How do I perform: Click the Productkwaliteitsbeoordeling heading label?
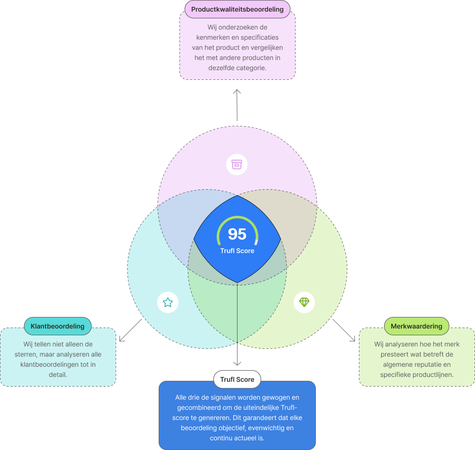237,9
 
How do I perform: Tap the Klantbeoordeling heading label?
58,326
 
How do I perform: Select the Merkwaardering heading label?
416,326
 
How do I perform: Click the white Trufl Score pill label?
237,379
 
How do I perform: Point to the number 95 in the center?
237,234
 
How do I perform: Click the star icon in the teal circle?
168,303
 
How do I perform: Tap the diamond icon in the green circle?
304,302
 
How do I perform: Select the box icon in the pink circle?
237,165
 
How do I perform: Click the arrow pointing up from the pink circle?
237,104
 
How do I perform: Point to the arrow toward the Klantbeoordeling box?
130,330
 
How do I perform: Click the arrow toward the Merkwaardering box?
344,330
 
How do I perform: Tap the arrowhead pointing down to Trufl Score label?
237,363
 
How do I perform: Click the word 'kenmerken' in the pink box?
211,37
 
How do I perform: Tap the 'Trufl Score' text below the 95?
237,251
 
